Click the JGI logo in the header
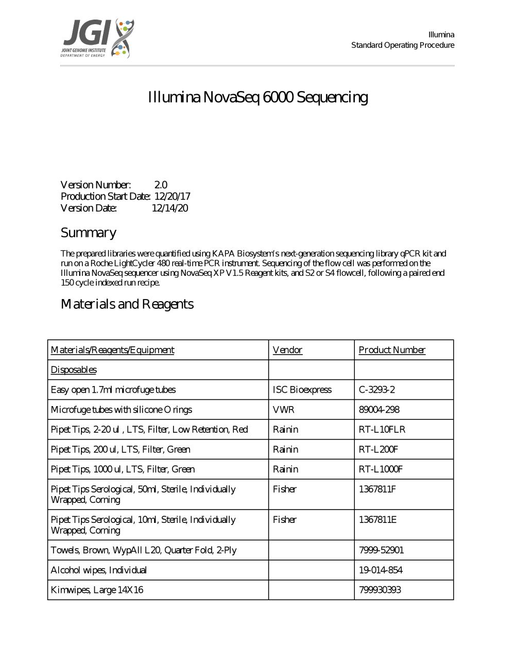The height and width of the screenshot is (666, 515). click(x=98, y=39)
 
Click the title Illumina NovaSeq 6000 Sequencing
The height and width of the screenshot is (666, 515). click(x=258, y=97)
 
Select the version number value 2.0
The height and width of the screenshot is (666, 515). click(x=161, y=185)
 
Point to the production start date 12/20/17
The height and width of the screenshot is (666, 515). click(x=172, y=197)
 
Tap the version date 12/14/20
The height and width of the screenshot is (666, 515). click(x=170, y=208)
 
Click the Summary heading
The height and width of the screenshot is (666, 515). click(x=89, y=233)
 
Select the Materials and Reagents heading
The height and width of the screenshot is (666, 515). click(x=127, y=304)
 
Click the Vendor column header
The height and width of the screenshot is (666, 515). click(x=287, y=350)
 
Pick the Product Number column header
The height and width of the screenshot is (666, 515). click(x=392, y=350)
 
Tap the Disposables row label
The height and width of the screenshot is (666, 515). click(x=74, y=370)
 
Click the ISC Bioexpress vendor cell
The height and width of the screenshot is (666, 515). click(x=302, y=390)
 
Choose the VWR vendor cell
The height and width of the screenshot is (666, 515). click(x=284, y=410)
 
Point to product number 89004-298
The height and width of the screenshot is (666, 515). click(x=379, y=410)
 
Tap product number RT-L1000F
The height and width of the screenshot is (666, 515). click(x=381, y=469)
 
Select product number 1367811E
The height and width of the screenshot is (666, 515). click(x=377, y=520)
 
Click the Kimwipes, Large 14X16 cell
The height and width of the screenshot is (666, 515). click(x=97, y=590)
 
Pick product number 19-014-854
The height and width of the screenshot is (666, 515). click(x=381, y=570)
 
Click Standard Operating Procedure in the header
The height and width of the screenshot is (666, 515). click(x=403, y=45)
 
